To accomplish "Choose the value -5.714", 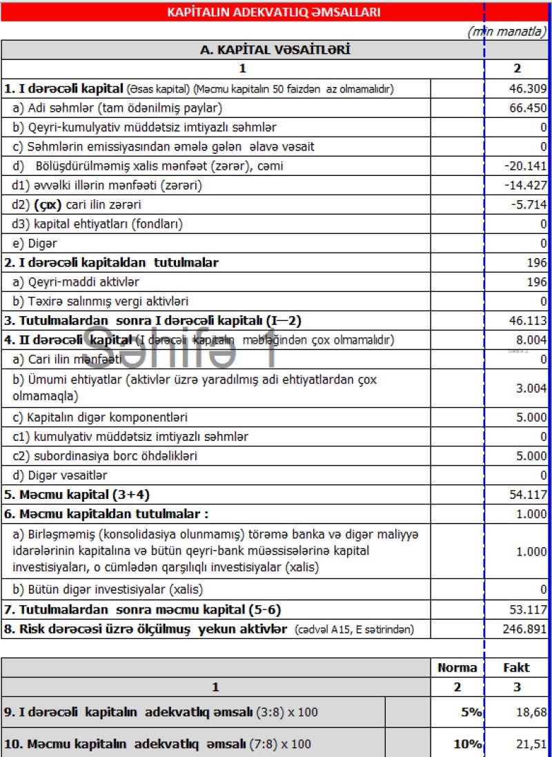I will [x=531, y=205].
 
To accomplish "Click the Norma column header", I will [x=457, y=667].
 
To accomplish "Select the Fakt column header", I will [x=517, y=667].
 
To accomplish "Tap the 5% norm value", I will [x=471, y=712].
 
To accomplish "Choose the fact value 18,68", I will [x=532, y=712].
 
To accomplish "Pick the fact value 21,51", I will [x=532, y=744].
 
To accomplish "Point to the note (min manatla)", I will [x=507, y=31].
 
